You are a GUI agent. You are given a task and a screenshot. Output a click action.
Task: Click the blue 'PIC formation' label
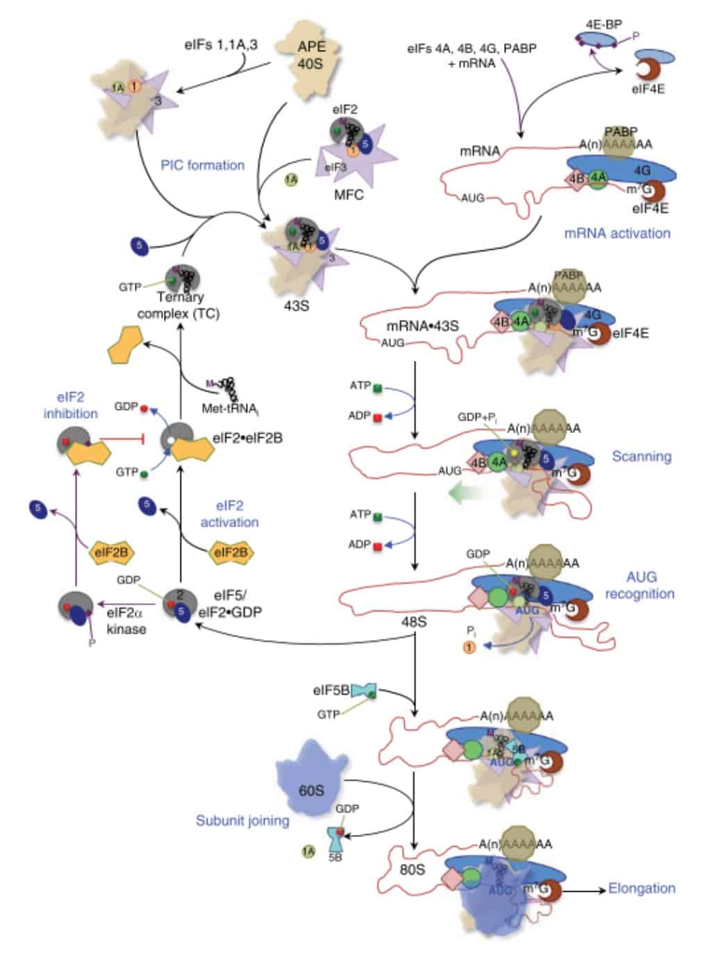click(203, 165)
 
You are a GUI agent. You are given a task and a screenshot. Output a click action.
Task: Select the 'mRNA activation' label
click(617, 233)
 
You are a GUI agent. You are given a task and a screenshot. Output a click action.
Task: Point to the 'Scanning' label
click(641, 456)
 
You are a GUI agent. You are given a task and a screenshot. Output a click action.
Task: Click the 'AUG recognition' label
click(639, 585)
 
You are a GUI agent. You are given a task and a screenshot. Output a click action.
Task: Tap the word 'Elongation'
click(641, 888)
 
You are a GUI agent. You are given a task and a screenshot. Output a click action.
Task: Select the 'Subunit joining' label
click(242, 820)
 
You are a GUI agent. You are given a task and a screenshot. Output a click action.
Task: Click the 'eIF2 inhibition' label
click(71, 405)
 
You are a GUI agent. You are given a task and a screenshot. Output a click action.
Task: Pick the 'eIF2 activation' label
click(229, 514)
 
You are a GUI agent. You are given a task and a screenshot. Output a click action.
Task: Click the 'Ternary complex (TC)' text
click(178, 305)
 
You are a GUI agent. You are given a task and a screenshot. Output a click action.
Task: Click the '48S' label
click(414, 622)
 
